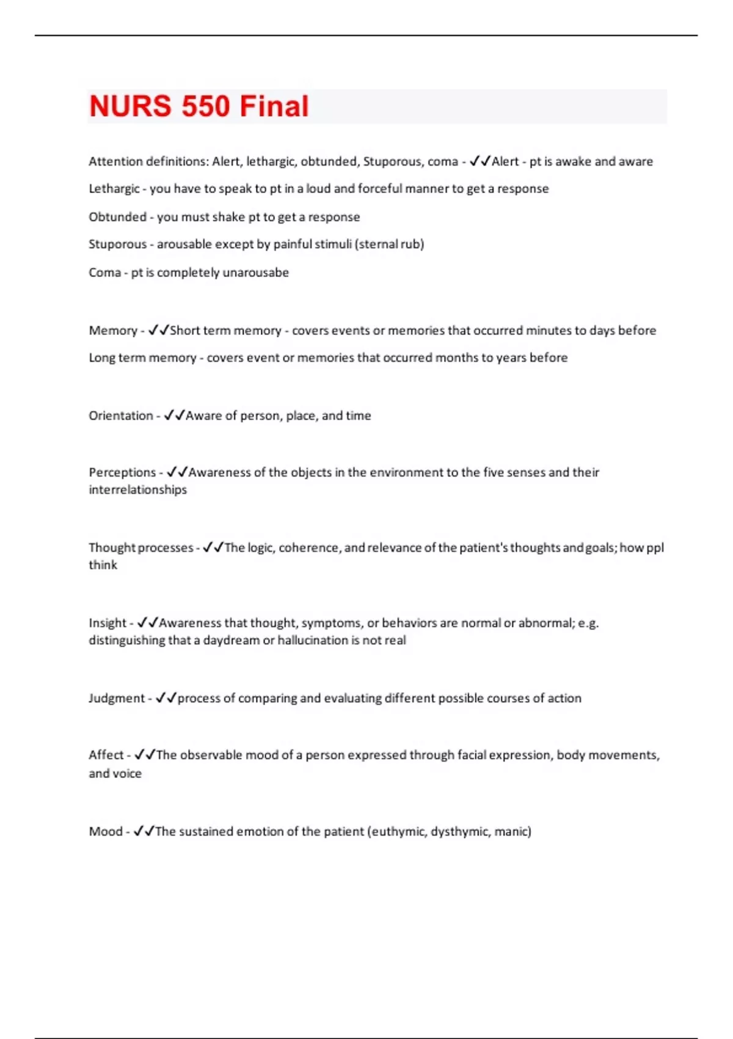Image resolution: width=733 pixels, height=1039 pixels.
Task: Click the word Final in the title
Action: tap(274, 106)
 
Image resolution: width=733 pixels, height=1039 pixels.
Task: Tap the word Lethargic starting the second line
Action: tap(114, 189)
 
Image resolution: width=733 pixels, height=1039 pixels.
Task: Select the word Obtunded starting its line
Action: tap(117, 217)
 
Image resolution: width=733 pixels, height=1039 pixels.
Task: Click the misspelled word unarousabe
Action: tap(255, 273)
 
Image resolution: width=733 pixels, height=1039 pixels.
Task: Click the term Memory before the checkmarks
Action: tap(113, 331)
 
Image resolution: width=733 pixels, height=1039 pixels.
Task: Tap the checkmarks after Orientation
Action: tap(174, 416)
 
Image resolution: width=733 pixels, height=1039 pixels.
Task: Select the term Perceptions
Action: tap(122, 472)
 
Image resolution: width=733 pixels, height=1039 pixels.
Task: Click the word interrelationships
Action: tap(137, 490)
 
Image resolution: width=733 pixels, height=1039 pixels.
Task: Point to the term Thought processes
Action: tap(140, 548)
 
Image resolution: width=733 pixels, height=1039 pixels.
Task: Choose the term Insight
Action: tap(108, 623)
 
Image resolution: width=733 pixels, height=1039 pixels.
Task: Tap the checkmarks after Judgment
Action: tap(166, 698)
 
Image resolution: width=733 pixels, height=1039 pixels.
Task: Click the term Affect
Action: tap(106, 755)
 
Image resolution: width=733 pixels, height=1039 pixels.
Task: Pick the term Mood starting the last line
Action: tap(106, 832)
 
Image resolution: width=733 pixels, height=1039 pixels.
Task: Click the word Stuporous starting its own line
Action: tap(117, 244)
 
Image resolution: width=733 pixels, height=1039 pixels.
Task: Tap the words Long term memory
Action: tap(142, 358)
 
